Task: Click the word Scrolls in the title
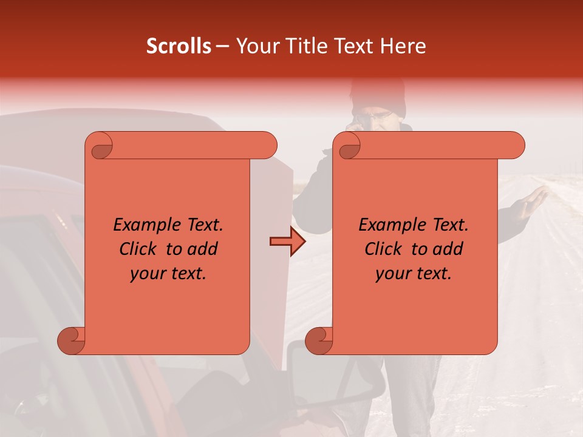179,46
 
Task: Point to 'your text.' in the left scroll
168,274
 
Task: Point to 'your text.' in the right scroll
414,274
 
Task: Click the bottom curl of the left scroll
72,341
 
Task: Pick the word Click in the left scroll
139,249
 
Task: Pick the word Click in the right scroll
384,249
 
